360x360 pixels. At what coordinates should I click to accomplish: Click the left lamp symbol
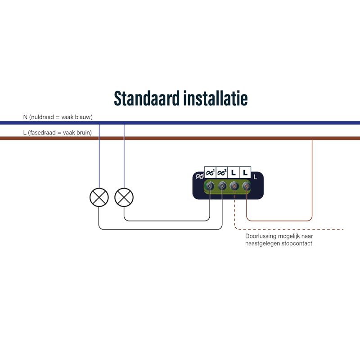click(99, 197)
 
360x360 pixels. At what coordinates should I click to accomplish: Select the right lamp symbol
click(124, 197)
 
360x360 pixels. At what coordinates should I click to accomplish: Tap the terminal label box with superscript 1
click(210, 172)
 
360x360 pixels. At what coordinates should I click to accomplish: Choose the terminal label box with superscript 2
click(222, 172)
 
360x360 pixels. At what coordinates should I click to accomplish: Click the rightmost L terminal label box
click(245, 172)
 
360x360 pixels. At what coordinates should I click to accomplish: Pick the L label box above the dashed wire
click(234, 172)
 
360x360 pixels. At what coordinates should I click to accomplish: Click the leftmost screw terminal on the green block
click(210, 186)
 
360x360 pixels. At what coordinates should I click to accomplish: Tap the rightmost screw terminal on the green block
click(246, 186)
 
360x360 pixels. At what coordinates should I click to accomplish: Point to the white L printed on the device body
click(256, 177)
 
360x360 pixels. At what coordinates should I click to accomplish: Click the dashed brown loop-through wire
click(288, 229)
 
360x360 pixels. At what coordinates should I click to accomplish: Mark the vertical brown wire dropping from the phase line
click(312, 180)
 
